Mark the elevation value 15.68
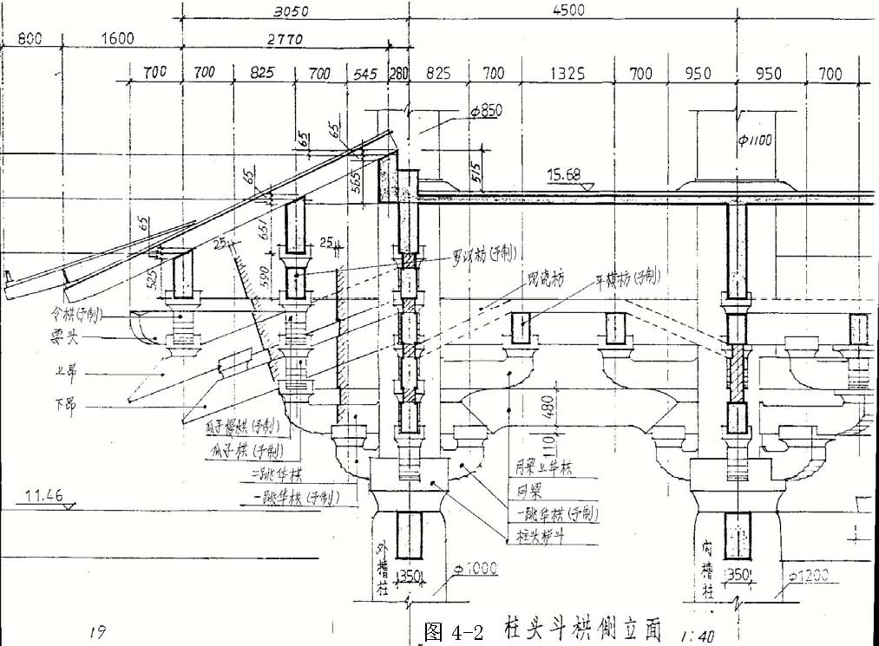coord(564,175)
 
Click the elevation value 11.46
coord(41,496)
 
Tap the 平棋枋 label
coord(626,277)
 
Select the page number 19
coord(97,630)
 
